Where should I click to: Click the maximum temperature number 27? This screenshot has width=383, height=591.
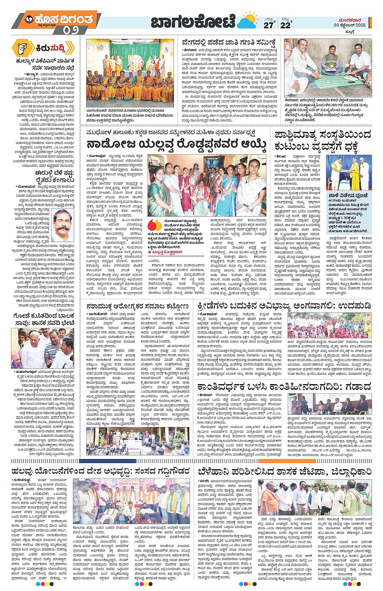(268, 25)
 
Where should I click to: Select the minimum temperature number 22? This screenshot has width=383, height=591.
(285, 25)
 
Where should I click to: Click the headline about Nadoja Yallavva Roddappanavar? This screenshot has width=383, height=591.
(176, 144)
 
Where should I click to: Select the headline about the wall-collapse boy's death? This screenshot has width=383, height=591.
(43, 319)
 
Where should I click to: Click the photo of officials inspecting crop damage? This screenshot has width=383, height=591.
(315, 497)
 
